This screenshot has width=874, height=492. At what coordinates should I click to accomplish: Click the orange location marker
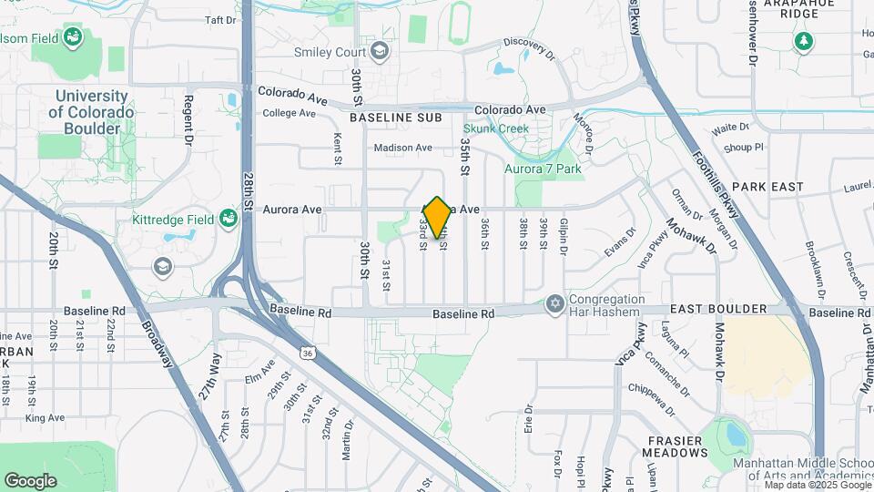(x=437, y=217)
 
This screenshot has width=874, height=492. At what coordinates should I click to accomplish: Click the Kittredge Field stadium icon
(x=228, y=219)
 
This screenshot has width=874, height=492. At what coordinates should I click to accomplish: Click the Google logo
(x=30, y=480)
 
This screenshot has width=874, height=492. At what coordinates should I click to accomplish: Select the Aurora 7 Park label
(x=543, y=168)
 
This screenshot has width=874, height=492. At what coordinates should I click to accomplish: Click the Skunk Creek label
(x=495, y=128)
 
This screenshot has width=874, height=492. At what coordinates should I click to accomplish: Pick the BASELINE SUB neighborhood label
(x=395, y=118)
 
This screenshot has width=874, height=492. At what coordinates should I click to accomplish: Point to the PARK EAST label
(x=767, y=187)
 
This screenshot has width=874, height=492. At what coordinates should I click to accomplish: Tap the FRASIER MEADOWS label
(x=676, y=446)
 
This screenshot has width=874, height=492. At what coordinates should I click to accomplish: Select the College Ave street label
(x=289, y=114)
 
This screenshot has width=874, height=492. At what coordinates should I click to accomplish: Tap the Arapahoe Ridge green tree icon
(x=803, y=41)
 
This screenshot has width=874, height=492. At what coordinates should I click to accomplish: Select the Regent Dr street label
(x=189, y=120)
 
